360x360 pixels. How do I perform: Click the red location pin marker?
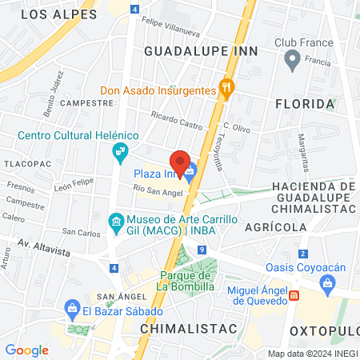coord(180,163)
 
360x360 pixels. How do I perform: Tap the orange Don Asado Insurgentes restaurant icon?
coord(227,90)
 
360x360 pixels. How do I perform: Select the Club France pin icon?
coord(293,58)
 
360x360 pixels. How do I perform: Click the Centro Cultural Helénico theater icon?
coord(120,150)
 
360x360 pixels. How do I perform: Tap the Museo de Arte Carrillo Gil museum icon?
coord(116,220)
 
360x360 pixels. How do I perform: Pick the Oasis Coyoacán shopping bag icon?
coord(327,282)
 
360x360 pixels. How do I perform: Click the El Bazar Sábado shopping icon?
coord(72,309)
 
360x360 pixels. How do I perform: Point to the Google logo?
coord(26,350)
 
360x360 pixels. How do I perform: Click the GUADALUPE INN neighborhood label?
coord(201,50)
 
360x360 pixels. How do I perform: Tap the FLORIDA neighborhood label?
coord(304,104)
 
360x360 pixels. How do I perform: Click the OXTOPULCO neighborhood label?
coord(324,330)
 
